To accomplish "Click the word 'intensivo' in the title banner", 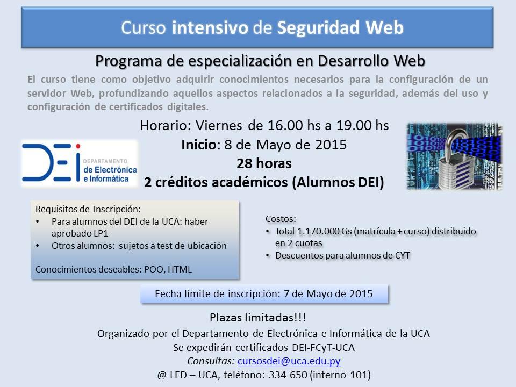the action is pos(210,27).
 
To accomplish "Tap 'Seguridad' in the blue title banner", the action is pos(318,28).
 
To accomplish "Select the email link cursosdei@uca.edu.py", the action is pos(289,361).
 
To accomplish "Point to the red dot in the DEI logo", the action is pos(78,146).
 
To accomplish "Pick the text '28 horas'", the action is pos(264,163).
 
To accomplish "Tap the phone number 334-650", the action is pos(288,375).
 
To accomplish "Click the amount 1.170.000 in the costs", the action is pos(318,231).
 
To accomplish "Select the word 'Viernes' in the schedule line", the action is pos(219,126).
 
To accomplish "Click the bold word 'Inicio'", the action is pos(199,145).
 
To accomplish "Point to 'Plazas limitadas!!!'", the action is pos(258,318).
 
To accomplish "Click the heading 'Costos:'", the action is pos(281,219).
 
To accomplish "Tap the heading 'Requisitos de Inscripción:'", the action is pos(88,209).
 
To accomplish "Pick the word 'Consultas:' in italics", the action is pos(211,361).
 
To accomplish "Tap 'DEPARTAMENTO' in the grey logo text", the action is pos(105,161).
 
